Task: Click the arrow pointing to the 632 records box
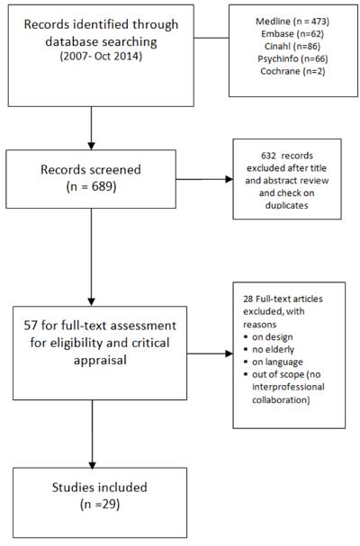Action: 207,180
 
